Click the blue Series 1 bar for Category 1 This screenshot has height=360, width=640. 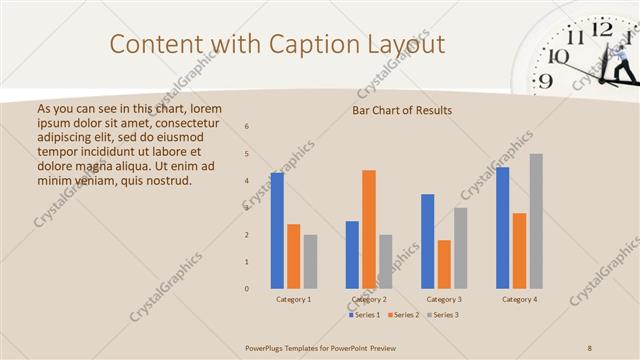point(277,231)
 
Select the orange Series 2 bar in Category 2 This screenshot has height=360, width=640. point(369,229)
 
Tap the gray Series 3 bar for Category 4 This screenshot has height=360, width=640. point(536,221)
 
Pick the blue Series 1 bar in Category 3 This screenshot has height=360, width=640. point(428,241)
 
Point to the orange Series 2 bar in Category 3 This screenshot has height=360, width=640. point(444,264)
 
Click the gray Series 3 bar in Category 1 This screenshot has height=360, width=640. point(310,262)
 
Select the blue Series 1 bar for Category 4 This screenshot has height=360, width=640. point(503,228)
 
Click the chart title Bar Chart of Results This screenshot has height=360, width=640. point(402,110)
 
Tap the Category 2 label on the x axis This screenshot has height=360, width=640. point(369,300)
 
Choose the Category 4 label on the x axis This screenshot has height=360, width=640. point(519,300)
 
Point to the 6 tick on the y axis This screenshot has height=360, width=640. point(247,126)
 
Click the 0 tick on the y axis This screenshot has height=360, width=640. point(247,289)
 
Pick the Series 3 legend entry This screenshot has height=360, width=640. point(443,315)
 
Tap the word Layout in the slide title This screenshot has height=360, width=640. point(409,44)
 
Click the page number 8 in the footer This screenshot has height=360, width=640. point(590,347)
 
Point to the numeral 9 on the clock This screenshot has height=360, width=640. point(544,82)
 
